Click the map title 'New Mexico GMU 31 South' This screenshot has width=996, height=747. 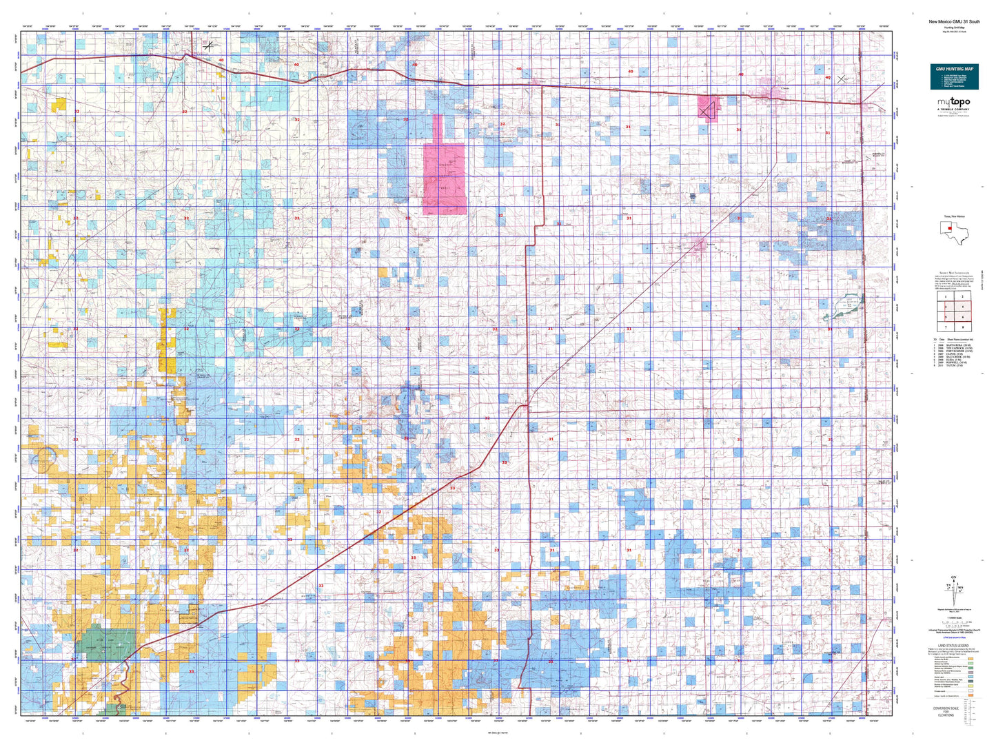tap(953, 21)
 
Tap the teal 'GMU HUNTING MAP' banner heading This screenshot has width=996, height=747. tap(954, 69)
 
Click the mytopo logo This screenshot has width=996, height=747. tap(953, 103)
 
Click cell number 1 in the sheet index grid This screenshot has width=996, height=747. tap(946, 296)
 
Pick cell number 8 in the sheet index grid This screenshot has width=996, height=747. tap(962, 327)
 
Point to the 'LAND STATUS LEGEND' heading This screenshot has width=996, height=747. tap(953, 646)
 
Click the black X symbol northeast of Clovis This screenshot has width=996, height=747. tap(841, 79)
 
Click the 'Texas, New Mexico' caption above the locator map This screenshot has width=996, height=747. tap(953, 216)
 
